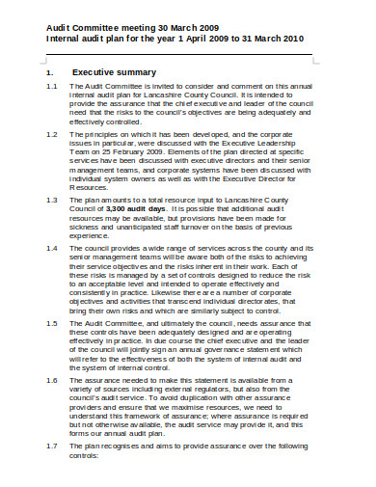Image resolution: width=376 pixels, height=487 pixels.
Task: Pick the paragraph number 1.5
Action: click(x=52, y=320)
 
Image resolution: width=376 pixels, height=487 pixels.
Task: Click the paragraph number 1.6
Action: click(x=52, y=380)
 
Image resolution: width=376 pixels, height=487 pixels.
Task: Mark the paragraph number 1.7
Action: click(x=52, y=447)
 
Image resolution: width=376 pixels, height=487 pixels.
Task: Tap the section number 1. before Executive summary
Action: click(x=50, y=71)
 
